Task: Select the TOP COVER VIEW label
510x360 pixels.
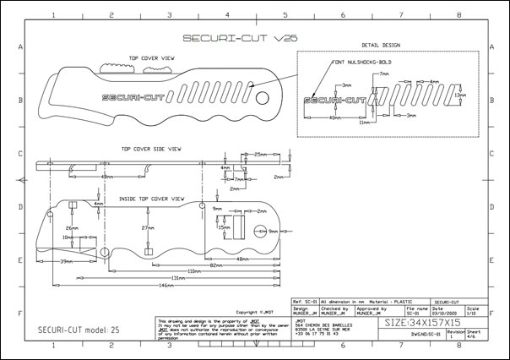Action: point(152,58)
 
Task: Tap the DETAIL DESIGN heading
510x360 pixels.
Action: point(380,45)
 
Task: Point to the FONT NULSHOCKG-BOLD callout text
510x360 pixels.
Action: point(363,62)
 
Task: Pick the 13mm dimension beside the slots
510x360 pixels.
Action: point(460,95)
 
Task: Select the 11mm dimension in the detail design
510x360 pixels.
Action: point(365,123)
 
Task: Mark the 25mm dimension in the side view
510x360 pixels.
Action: point(261,155)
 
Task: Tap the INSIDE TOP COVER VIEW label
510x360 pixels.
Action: point(152,198)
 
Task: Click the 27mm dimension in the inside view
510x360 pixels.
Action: point(147,228)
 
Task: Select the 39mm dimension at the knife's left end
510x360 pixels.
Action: point(65,263)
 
